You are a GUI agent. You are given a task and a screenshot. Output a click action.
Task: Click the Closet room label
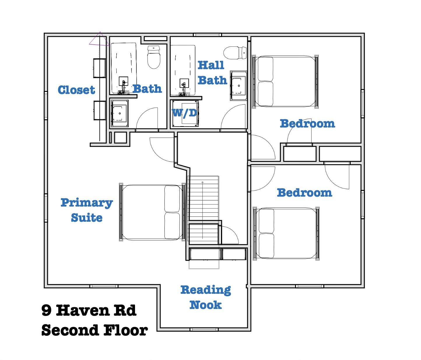click(76, 90)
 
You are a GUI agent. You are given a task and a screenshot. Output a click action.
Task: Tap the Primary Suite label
click(87, 210)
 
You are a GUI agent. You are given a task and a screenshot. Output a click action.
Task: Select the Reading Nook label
click(206, 297)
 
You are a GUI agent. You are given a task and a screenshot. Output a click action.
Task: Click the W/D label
click(185, 113)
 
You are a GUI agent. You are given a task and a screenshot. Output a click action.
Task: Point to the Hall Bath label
click(212, 73)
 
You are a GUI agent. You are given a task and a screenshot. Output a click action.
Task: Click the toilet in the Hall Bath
click(236, 53)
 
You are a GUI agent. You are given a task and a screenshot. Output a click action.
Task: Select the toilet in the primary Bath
click(154, 57)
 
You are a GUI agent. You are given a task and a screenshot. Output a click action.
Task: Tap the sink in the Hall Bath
click(238, 85)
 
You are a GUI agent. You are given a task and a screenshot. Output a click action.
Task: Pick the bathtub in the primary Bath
click(124, 68)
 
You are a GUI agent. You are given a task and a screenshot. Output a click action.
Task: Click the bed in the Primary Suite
click(152, 212)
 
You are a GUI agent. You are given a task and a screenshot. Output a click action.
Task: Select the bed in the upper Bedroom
click(285, 81)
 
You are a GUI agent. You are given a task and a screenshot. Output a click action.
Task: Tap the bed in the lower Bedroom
click(286, 233)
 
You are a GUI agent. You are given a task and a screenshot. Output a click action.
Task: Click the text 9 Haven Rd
click(89, 310)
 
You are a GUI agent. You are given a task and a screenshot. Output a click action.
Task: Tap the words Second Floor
click(94, 330)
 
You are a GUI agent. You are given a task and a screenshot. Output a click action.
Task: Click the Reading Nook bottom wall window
click(204, 329)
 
